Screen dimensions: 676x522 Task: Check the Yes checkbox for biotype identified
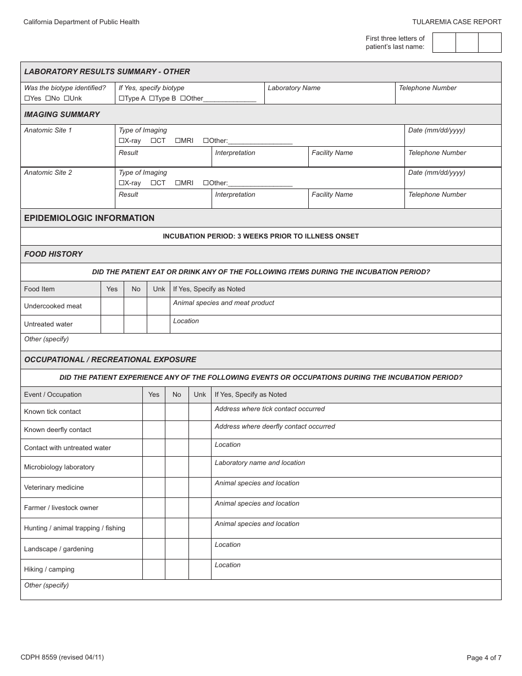27,98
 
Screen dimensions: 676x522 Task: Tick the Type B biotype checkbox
152,98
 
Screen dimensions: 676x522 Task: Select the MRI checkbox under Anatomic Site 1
178,141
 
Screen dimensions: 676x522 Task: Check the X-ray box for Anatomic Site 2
121,183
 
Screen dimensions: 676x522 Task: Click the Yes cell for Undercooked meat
112,306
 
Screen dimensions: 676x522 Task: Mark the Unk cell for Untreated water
159,324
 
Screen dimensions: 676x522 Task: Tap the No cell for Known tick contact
176,412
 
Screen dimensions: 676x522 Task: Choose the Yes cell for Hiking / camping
154,569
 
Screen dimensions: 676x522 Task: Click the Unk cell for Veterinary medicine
200,487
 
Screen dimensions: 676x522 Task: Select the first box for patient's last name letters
444,43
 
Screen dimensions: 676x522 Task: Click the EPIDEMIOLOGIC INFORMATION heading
89,218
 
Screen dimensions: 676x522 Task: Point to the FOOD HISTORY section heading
53,254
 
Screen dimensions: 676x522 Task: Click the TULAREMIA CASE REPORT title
457,22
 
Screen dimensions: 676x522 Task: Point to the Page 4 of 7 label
484,657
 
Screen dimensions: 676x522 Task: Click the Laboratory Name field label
294,88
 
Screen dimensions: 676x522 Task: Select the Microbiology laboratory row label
59,467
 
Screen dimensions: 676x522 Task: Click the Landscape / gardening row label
59,549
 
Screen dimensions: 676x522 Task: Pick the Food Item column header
40,289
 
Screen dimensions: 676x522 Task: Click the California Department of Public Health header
81,22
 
